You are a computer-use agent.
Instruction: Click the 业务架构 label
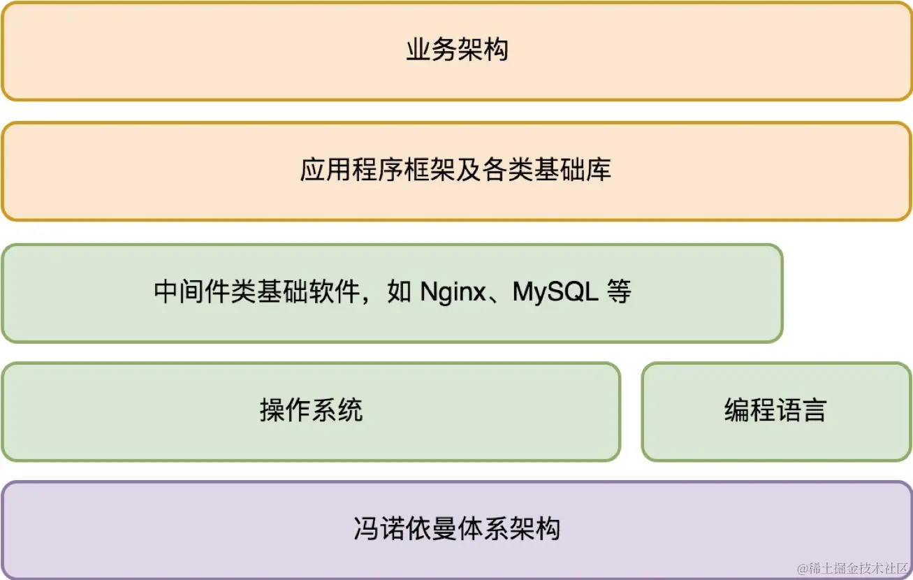click(457, 50)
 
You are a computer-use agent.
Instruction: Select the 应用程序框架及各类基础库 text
click(456, 171)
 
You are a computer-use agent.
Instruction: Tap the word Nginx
click(452, 292)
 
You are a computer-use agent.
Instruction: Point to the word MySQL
click(555, 292)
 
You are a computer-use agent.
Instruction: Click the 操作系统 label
click(311, 410)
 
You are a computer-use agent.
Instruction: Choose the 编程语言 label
click(775, 410)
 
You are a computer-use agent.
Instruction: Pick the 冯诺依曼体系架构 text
click(457, 529)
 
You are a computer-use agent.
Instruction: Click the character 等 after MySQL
click(619, 292)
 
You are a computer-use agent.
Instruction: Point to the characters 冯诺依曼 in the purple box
click(405, 529)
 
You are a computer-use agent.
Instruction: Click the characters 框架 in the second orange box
click(430, 171)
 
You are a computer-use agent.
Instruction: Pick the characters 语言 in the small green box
click(801, 410)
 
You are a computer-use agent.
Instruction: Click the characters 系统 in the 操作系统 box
click(337, 410)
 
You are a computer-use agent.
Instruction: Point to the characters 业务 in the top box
click(432, 50)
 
